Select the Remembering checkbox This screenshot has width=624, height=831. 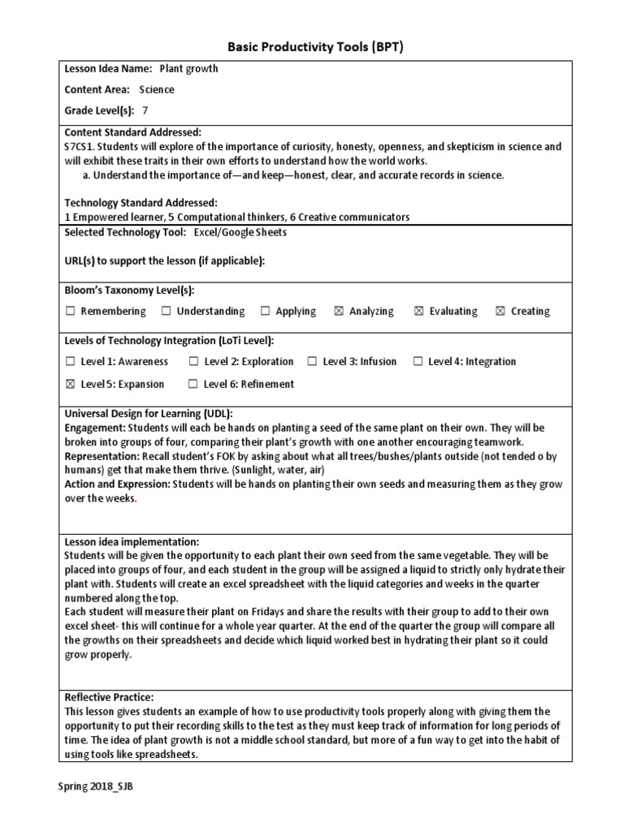70,312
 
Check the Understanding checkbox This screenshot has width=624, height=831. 166,312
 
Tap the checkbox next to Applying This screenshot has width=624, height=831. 265,312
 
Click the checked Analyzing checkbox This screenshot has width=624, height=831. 339,312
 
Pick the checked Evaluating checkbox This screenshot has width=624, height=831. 419,312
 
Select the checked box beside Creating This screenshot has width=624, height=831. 500,312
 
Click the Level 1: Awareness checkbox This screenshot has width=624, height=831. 70,362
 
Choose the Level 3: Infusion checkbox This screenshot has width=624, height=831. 312,362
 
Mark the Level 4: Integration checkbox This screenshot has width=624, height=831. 418,362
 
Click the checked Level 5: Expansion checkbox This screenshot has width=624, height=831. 70,385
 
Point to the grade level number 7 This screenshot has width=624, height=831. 145,110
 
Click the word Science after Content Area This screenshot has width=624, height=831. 156,90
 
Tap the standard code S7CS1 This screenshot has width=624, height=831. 80,147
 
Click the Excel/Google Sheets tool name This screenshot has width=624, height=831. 240,232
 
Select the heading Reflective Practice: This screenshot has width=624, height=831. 109,697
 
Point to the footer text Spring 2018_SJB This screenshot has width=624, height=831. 94,787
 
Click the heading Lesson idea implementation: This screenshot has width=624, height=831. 131,541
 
